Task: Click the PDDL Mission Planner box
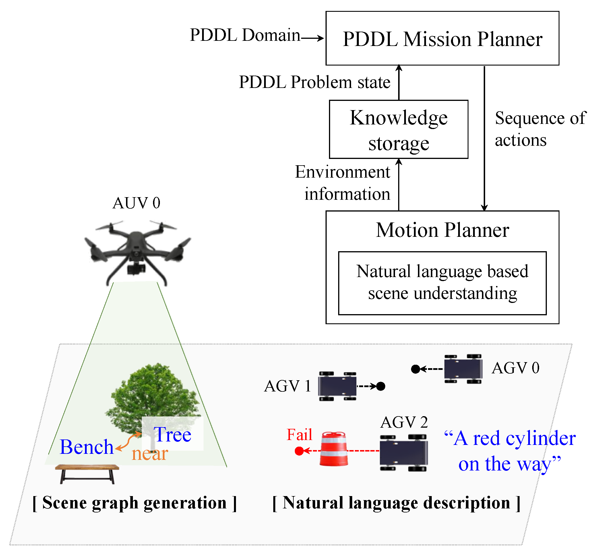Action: tap(442, 39)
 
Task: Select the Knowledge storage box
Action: tap(398, 130)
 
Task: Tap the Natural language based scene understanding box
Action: tap(442, 283)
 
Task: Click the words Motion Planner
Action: tap(442, 230)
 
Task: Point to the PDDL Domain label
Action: tap(245, 35)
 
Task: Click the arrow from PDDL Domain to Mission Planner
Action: tap(312, 38)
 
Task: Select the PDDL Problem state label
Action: tap(314, 82)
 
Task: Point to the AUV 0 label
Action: tap(136, 203)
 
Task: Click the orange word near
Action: tap(150, 454)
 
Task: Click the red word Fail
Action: tap(299, 435)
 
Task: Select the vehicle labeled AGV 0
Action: tap(463, 369)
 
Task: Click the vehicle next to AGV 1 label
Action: tap(337, 387)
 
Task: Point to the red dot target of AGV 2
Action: tap(299, 451)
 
